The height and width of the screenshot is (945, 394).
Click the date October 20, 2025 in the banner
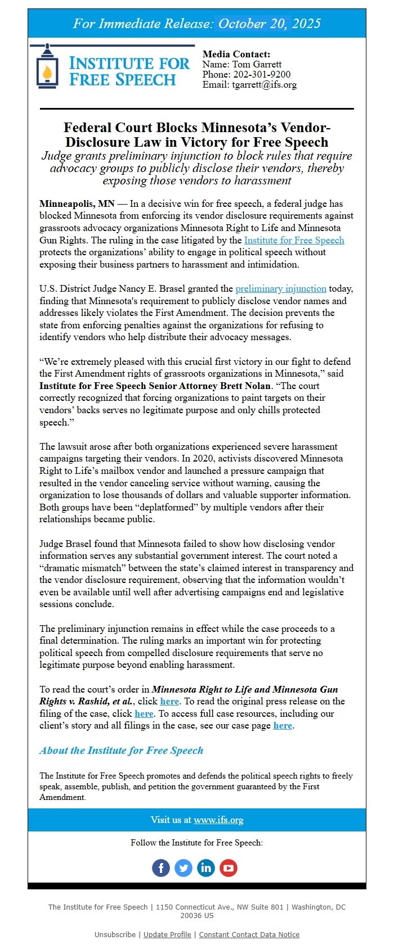269,24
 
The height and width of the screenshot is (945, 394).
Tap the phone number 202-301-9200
262,74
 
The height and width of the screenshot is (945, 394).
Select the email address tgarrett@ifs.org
265,84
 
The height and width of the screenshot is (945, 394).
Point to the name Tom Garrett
257,64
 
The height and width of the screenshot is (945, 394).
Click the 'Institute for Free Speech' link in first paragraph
294,240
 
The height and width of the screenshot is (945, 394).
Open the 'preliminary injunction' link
281,288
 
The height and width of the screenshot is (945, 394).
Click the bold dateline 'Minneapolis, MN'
77,204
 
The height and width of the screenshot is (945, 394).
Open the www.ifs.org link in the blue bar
218,820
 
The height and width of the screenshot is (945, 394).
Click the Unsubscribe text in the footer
115,934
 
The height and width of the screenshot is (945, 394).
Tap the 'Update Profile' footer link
167,934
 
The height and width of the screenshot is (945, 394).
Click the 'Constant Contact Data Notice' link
249,934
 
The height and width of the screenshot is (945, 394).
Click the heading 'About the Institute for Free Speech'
121,750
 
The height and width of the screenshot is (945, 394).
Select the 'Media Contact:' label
236,55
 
